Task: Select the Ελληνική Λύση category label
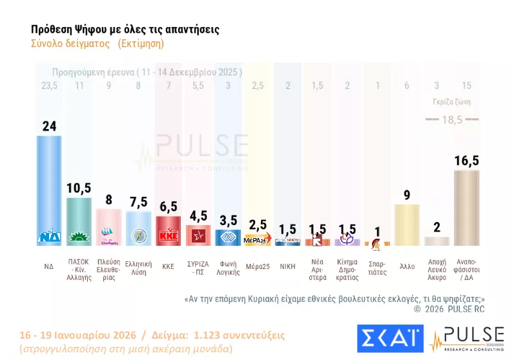pyautogui.click(x=138, y=268)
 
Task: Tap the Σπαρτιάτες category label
pyautogui.click(x=376, y=268)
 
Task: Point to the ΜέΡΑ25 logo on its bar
pyautogui.click(x=257, y=241)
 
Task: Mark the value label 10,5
pyautogui.click(x=79, y=188)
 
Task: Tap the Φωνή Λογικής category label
pyautogui.click(x=227, y=268)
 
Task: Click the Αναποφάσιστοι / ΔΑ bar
pyautogui.click(x=466, y=208)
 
